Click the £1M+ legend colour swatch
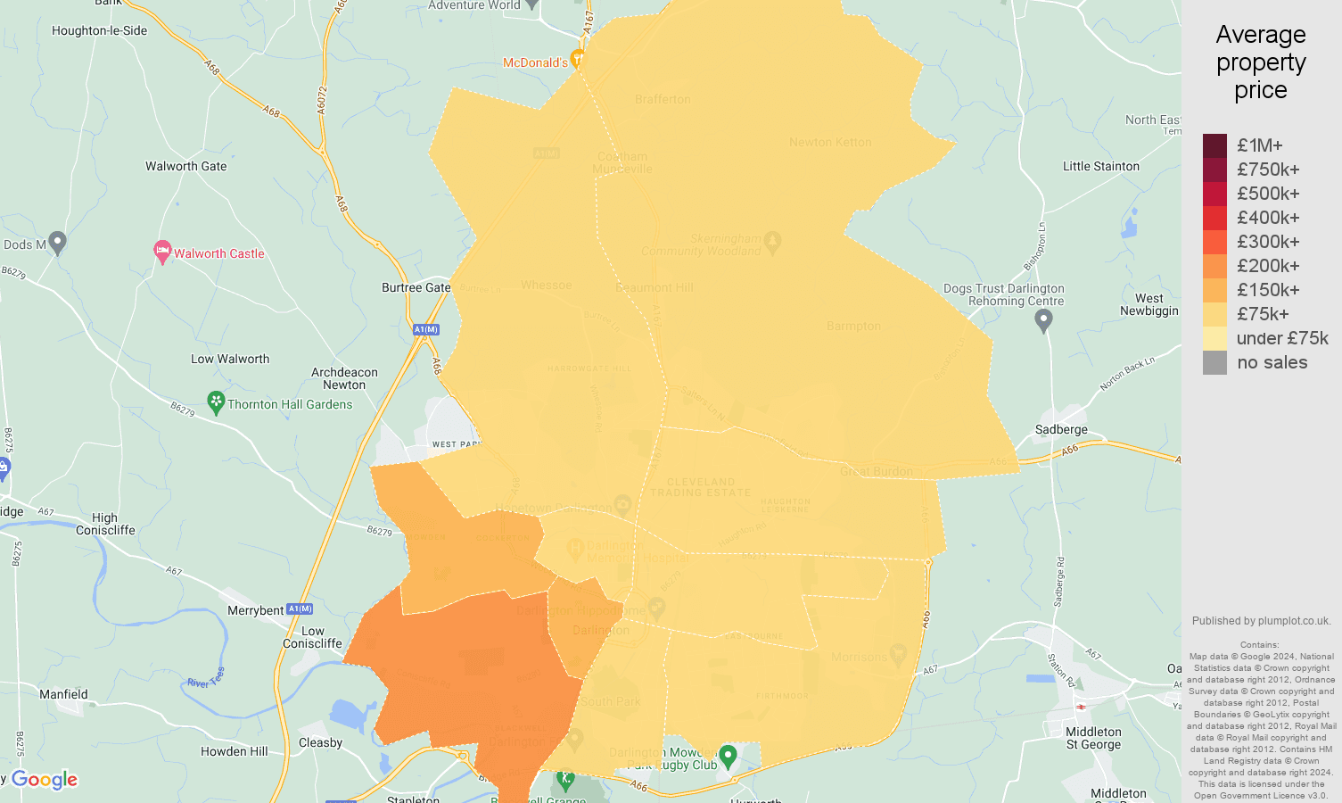[1214, 145]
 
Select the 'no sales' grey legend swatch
[1214, 362]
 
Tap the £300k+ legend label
[1268, 242]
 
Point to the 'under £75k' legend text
[1281, 338]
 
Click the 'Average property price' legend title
[1260, 62]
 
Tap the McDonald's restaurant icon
[577, 60]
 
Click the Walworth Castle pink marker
[162, 252]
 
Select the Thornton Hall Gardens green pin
[216, 402]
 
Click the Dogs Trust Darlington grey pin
[1043, 321]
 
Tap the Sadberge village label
[1061, 429]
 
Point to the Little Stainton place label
[1100, 166]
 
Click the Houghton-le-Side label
[99, 30]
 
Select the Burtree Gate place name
[416, 287]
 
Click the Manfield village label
[63, 694]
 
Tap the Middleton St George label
[1093, 738]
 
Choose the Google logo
[45, 780]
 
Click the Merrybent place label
[255, 610]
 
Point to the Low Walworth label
[229, 359]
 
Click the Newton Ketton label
[830, 142]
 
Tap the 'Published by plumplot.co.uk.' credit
[1261, 621]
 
